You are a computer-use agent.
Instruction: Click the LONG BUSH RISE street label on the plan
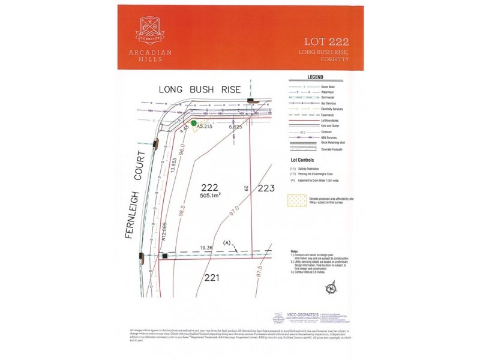tap(200, 89)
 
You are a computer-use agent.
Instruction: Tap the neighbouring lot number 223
tap(266, 188)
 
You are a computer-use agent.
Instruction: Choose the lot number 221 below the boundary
tap(211, 277)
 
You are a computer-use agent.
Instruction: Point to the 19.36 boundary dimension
tap(208, 247)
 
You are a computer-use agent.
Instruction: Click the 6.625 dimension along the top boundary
tap(235, 127)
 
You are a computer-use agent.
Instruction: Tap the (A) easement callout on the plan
tap(227, 242)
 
